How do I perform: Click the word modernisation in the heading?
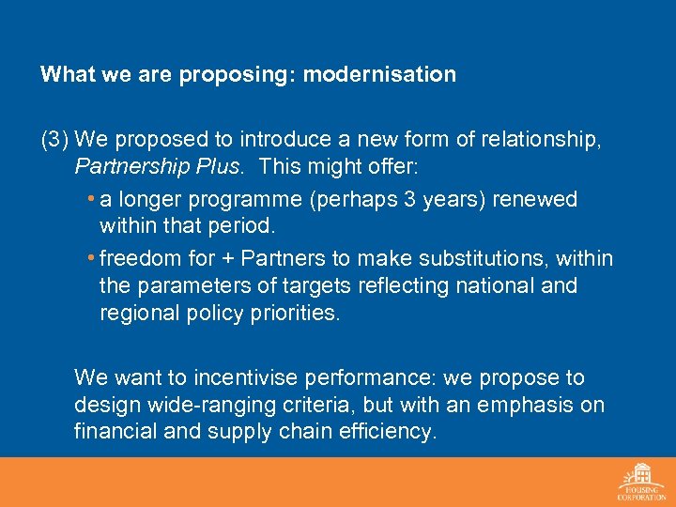click(378, 74)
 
